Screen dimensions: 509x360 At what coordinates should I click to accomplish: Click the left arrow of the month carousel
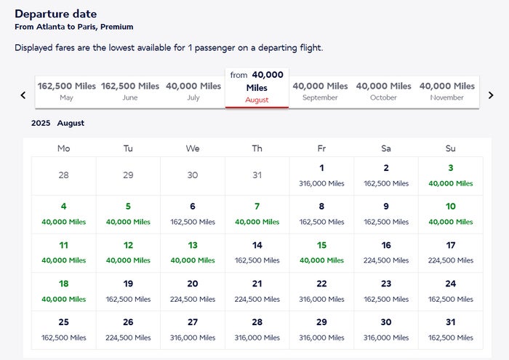click(x=23, y=95)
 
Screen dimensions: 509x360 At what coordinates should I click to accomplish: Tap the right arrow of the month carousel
click(x=491, y=95)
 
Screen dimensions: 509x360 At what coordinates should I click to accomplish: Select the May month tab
click(x=67, y=92)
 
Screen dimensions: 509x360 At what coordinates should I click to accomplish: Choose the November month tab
click(x=447, y=92)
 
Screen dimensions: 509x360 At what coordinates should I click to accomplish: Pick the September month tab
click(x=320, y=92)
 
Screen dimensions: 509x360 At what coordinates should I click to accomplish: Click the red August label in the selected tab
click(x=257, y=100)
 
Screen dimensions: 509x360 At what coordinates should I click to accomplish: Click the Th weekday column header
click(x=257, y=148)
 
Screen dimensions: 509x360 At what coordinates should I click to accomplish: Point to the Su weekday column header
click(x=451, y=148)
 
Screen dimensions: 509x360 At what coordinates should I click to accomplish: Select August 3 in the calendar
click(x=451, y=176)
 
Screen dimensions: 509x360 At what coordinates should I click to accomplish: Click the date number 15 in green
click(x=321, y=245)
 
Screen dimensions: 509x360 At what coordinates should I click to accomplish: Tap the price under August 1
click(x=321, y=183)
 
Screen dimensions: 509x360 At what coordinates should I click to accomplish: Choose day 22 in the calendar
click(x=321, y=292)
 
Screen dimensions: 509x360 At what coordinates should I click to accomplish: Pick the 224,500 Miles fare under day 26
click(x=128, y=337)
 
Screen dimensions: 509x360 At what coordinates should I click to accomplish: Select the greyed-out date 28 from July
click(x=64, y=175)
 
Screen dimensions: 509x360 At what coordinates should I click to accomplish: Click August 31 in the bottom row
click(x=451, y=330)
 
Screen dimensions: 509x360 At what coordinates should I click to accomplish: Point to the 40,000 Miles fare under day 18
click(x=64, y=299)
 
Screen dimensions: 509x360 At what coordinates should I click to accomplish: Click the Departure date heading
click(x=56, y=14)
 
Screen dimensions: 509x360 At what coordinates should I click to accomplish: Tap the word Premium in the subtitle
click(x=117, y=27)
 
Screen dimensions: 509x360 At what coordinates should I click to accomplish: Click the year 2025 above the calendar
click(x=41, y=123)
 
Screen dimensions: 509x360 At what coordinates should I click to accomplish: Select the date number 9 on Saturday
click(x=386, y=206)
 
